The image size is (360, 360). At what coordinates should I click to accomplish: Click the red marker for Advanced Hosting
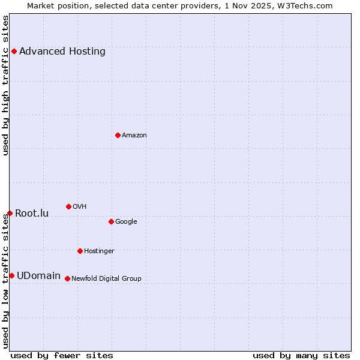pyautogui.click(x=14, y=52)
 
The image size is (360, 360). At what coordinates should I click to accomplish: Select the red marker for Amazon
pyautogui.click(x=118, y=135)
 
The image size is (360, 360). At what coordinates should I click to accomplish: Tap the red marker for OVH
pyautogui.click(x=68, y=206)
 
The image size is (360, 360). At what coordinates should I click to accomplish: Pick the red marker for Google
pyautogui.click(x=111, y=221)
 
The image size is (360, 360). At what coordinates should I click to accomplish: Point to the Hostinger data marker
pyautogui.click(x=80, y=251)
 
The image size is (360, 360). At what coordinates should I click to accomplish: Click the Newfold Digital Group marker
pyautogui.click(x=67, y=278)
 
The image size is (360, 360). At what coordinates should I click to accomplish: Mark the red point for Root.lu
pyautogui.click(x=10, y=213)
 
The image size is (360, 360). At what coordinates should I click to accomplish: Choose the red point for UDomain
pyautogui.click(x=11, y=275)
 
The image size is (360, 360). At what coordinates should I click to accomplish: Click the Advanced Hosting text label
pyautogui.click(x=62, y=52)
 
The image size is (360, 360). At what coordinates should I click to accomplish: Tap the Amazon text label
pyautogui.click(x=134, y=136)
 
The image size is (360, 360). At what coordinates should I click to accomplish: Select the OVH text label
pyautogui.click(x=80, y=207)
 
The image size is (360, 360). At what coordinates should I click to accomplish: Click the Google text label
pyautogui.click(x=126, y=222)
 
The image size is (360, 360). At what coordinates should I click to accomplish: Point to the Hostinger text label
pyautogui.click(x=99, y=251)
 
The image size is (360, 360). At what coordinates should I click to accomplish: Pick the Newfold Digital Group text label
pyautogui.click(x=106, y=279)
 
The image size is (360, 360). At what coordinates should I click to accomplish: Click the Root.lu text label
pyautogui.click(x=32, y=214)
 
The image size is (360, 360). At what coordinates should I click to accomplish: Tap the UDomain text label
pyautogui.click(x=38, y=276)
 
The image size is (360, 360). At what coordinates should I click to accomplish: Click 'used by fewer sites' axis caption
pyautogui.click(x=62, y=355)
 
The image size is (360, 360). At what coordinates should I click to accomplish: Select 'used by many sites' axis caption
pyautogui.click(x=301, y=355)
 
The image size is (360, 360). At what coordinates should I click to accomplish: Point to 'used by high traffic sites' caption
pyautogui.click(x=6, y=85)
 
